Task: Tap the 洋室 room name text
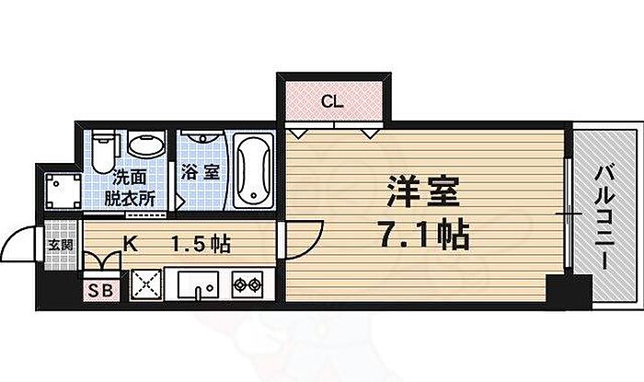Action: click(x=424, y=197)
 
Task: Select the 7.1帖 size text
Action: click(x=423, y=235)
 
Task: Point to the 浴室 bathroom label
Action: click(x=200, y=171)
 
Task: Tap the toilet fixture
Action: click(x=103, y=150)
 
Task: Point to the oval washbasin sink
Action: click(x=143, y=145)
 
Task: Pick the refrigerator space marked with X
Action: click(x=146, y=285)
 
